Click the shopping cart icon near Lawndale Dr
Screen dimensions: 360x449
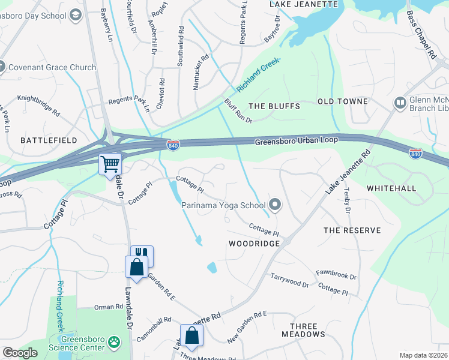click(110, 164)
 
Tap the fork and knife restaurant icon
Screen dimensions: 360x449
click(143, 256)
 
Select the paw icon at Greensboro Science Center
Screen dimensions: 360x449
click(113, 343)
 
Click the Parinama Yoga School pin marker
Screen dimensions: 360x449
click(276, 206)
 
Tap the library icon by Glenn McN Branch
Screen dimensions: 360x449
click(400, 103)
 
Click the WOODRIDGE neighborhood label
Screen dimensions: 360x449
click(254, 244)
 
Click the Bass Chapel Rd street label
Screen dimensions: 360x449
click(421, 34)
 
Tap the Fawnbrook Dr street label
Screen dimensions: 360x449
click(336, 277)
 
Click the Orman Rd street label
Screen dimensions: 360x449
click(108, 307)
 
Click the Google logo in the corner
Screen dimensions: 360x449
click(20, 353)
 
